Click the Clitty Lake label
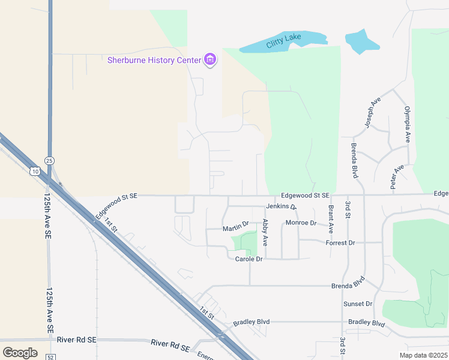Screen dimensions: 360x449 pos(284,38)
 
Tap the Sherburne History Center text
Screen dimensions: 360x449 pos(154,60)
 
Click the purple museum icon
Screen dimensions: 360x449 pos(209,60)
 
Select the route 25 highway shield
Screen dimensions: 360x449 pos(49,160)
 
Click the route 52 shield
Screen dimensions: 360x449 pos(50,356)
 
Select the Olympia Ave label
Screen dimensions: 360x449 pos(407,124)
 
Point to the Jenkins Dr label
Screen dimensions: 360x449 pos(281,207)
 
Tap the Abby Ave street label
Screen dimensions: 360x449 pos(265,232)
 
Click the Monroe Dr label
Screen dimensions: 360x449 pos(301,223)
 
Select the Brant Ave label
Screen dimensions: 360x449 pos(331,219)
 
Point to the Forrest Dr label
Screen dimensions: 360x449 pos(340,243)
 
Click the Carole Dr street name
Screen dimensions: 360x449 pos(249,259)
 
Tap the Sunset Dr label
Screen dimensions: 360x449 pos(358,304)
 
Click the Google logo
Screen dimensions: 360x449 pos(20,352)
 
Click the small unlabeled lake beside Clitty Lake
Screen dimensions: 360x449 pos(362,41)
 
